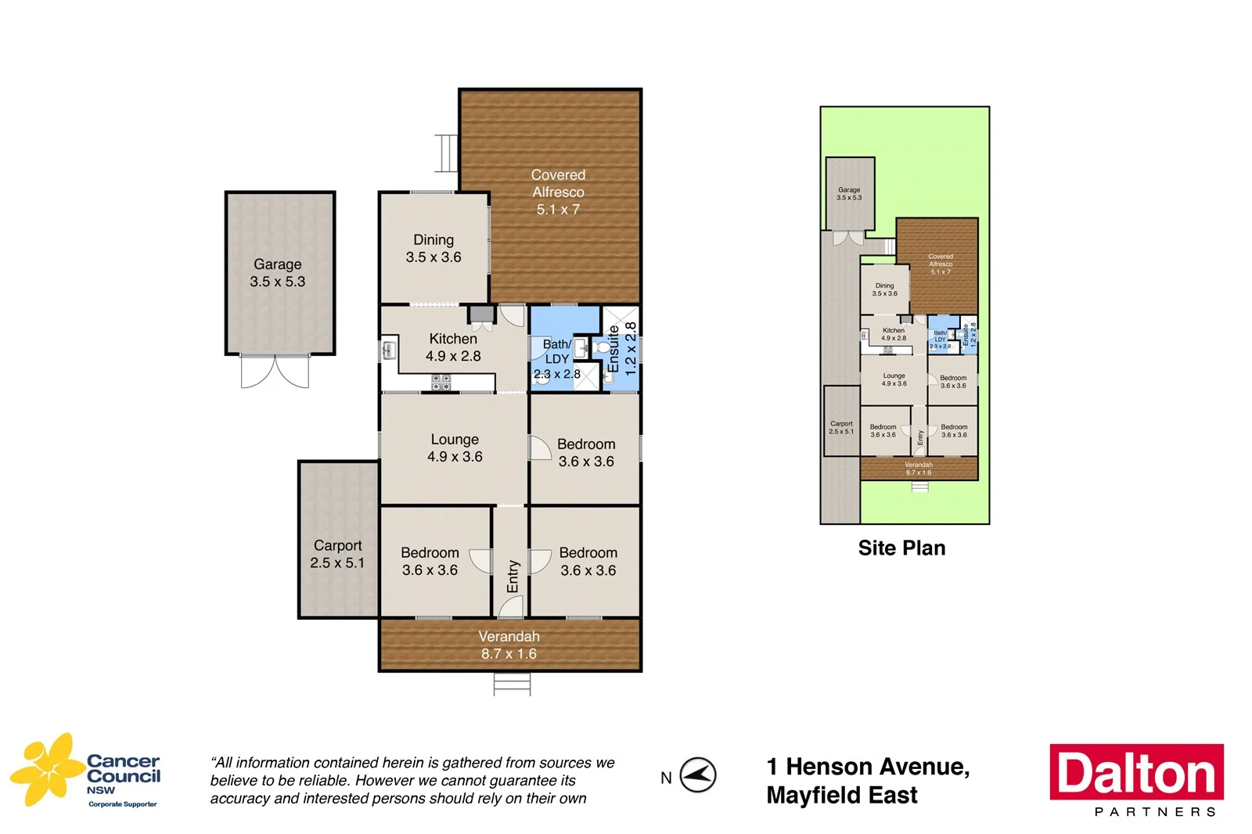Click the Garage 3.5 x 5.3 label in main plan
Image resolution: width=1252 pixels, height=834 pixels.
pos(278,273)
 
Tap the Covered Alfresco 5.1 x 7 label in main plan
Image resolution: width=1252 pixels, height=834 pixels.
pos(558,192)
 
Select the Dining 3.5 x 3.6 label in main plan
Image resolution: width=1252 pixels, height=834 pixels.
pos(434,249)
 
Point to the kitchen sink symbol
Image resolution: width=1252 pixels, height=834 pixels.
pos(389,350)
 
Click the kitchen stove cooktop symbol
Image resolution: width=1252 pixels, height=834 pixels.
pos(441,383)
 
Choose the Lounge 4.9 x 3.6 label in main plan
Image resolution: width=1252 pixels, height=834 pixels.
pos(455,448)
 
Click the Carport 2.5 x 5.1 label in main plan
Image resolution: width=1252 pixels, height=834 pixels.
pos(337,554)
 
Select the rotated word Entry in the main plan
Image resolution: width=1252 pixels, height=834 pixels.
pos(513,576)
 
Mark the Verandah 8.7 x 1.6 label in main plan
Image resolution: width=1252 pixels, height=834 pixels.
pos(509,645)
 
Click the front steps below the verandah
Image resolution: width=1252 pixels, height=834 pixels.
pos(512,685)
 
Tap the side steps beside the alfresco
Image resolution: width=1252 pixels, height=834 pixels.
pos(446,153)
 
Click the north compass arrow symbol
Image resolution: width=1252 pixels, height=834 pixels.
pos(697,775)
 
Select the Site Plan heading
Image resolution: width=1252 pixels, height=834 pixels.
pos(901,548)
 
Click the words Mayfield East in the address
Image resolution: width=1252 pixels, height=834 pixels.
pos(842,796)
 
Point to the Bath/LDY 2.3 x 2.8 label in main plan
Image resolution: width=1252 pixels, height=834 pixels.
pos(556,359)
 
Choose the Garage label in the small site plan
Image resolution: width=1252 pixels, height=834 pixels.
pos(849,190)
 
